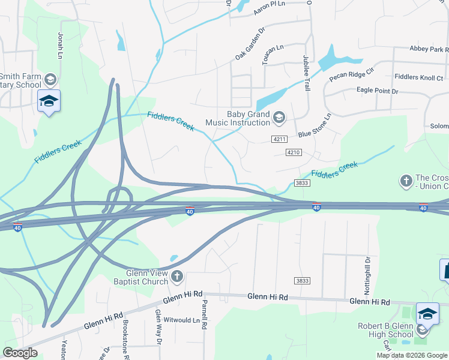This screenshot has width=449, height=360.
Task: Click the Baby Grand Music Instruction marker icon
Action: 279,116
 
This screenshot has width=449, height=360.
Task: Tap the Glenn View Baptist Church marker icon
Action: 176,276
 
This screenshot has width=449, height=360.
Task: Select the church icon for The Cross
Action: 406,180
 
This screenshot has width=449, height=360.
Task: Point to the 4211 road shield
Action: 279,139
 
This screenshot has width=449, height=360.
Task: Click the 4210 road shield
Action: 293,152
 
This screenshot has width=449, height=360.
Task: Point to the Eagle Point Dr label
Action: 376,91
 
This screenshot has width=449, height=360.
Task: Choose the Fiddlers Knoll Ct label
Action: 418,77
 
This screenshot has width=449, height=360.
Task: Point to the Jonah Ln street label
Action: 61,44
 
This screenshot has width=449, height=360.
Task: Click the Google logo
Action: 20,353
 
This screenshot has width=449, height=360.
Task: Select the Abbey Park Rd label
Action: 428,49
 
